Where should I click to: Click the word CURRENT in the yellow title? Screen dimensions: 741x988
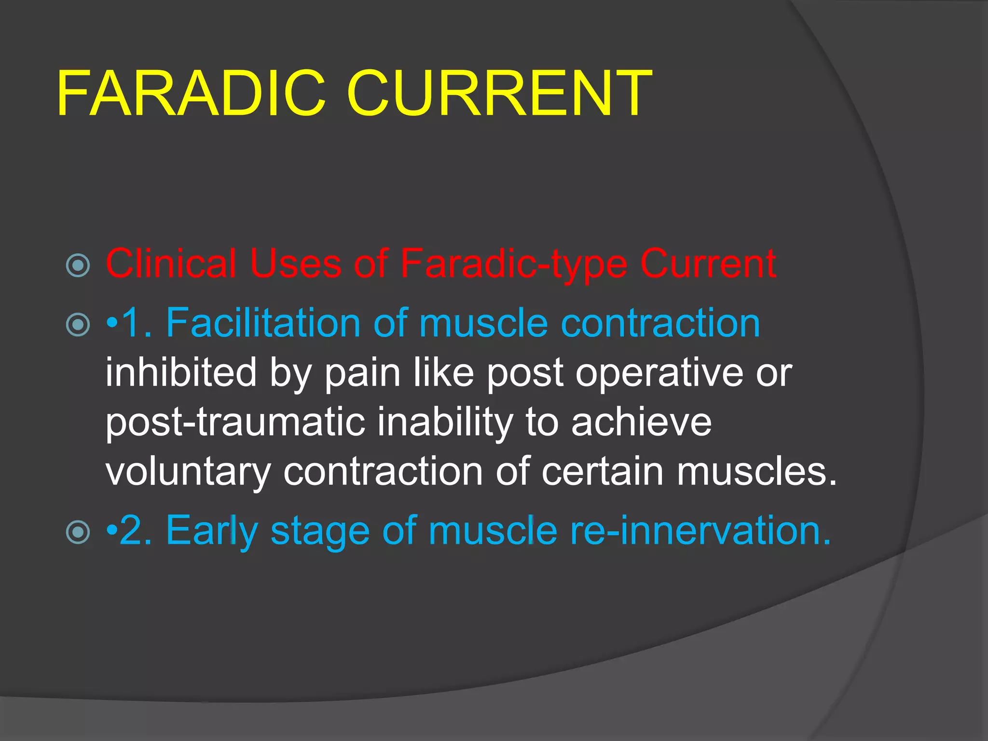pyautogui.click(x=499, y=94)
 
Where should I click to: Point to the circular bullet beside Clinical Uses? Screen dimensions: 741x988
pyautogui.click(x=78, y=265)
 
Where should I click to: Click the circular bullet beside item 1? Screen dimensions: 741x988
pyautogui.click(x=78, y=324)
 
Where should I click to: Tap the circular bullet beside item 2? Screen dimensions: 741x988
pyautogui.click(x=78, y=532)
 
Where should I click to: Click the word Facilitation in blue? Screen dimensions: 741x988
pyautogui.click(x=263, y=323)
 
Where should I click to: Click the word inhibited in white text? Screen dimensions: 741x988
pyautogui.click(x=181, y=372)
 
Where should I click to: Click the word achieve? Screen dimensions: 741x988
pyautogui.click(x=641, y=423)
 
